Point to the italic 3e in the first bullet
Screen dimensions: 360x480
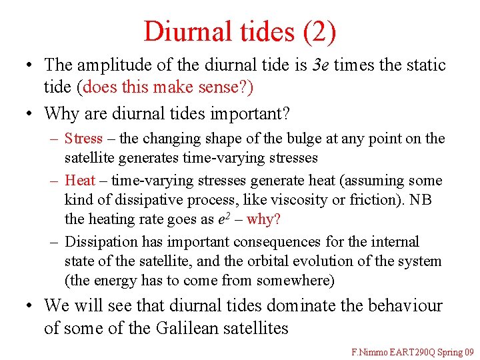point(321,65)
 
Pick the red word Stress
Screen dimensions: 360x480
point(84,139)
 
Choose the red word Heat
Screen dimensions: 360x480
point(80,180)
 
